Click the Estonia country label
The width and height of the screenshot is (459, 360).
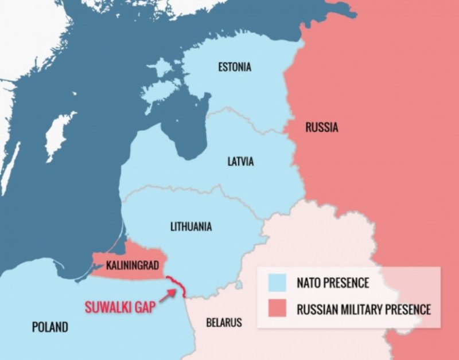pos(234,67)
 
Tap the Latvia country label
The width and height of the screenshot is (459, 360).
pos(240,162)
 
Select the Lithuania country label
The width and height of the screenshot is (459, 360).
pos(191,226)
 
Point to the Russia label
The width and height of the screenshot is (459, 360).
pos(321,127)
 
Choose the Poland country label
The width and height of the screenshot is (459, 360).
pos(49,327)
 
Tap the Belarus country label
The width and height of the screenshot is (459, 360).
pos(224,322)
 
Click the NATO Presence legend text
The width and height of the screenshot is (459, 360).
pos(333,283)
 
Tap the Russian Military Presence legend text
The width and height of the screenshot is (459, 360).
pos(363,310)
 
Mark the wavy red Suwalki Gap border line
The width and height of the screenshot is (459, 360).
pos(178,286)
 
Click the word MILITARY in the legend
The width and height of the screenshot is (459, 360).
pos(362,310)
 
